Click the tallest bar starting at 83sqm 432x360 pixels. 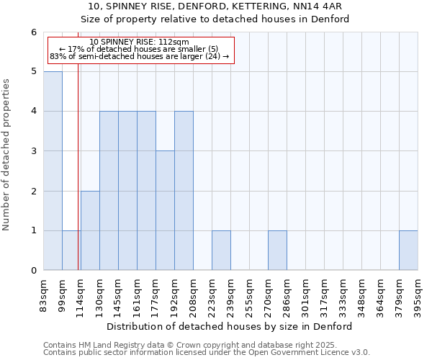53,171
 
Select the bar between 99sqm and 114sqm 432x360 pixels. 71,251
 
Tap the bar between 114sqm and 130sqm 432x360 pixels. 90,230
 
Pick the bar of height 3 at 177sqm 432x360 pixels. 165,210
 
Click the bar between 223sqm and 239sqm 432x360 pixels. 221,251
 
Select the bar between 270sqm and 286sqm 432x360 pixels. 277,251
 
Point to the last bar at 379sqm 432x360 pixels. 408,251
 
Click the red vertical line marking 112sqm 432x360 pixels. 78,180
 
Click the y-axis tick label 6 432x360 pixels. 33,32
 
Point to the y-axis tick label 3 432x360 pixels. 33,151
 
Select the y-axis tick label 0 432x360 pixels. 33,271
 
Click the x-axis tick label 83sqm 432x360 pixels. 44,294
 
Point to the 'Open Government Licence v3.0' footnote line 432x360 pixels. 207,353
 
